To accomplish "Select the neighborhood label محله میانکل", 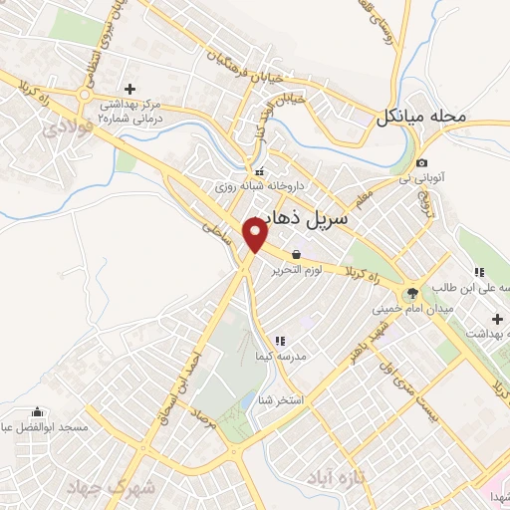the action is pyautogui.click(x=420, y=117).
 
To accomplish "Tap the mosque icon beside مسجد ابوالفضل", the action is pyautogui.click(x=38, y=412).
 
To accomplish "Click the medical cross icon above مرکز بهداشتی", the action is pyautogui.click(x=129, y=89).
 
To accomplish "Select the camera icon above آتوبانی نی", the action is pyautogui.click(x=422, y=162).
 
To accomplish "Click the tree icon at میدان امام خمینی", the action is pyautogui.click(x=409, y=293).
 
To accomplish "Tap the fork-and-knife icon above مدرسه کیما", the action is pyautogui.click(x=279, y=342).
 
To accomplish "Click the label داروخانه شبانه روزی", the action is pyautogui.click(x=254, y=185).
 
